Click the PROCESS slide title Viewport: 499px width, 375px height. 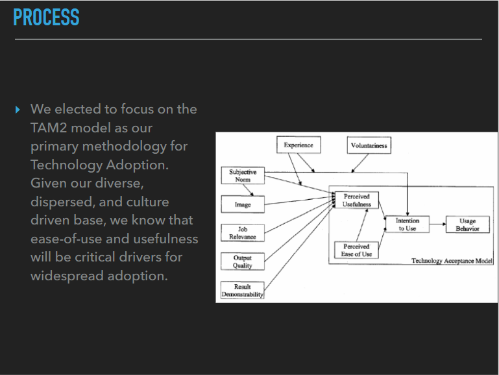click(x=46, y=18)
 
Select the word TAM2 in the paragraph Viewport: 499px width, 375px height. click(x=50, y=128)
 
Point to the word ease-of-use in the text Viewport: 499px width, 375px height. click(x=71, y=239)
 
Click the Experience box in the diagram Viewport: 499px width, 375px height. click(x=298, y=145)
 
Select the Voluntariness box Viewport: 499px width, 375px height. click(x=369, y=145)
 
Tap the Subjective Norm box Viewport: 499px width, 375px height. click(x=243, y=175)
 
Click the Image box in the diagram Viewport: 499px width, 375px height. click(x=243, y=205)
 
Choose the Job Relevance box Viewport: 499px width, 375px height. click(x=243, y=233)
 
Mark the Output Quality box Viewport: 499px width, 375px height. click(x=243, y=261)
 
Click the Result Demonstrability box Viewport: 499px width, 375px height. click(x=243, y=291)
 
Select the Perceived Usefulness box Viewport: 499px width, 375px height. click(x=356, y=200)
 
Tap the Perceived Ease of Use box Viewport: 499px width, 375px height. click(x=356, y=250)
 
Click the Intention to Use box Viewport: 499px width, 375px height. click(x=408, y=224)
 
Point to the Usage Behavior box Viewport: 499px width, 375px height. click(x=467, y=224)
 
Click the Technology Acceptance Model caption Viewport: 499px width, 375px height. click(x=452, y=261)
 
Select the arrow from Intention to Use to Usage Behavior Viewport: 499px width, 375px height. click(x=437, y=224)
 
